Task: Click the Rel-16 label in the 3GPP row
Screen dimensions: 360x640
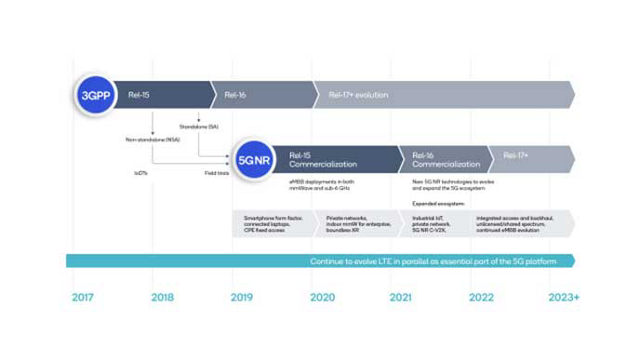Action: tap(235, 95)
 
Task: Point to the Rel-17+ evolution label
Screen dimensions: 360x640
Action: tap(358, 95)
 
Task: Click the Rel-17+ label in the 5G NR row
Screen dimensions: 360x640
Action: tap(516, 155)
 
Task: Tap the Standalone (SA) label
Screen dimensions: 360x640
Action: tap(199, 127)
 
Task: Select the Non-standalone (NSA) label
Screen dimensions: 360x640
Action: tap(152, 140)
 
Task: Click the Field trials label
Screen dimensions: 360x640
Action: tap(217, 173)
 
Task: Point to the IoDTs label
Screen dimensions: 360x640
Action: tap(141, 173)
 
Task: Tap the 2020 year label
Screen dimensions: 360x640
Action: tap(322, 298)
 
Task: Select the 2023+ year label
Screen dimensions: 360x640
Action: tap(564, 298)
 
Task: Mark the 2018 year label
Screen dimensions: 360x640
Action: tap(162, 298)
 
